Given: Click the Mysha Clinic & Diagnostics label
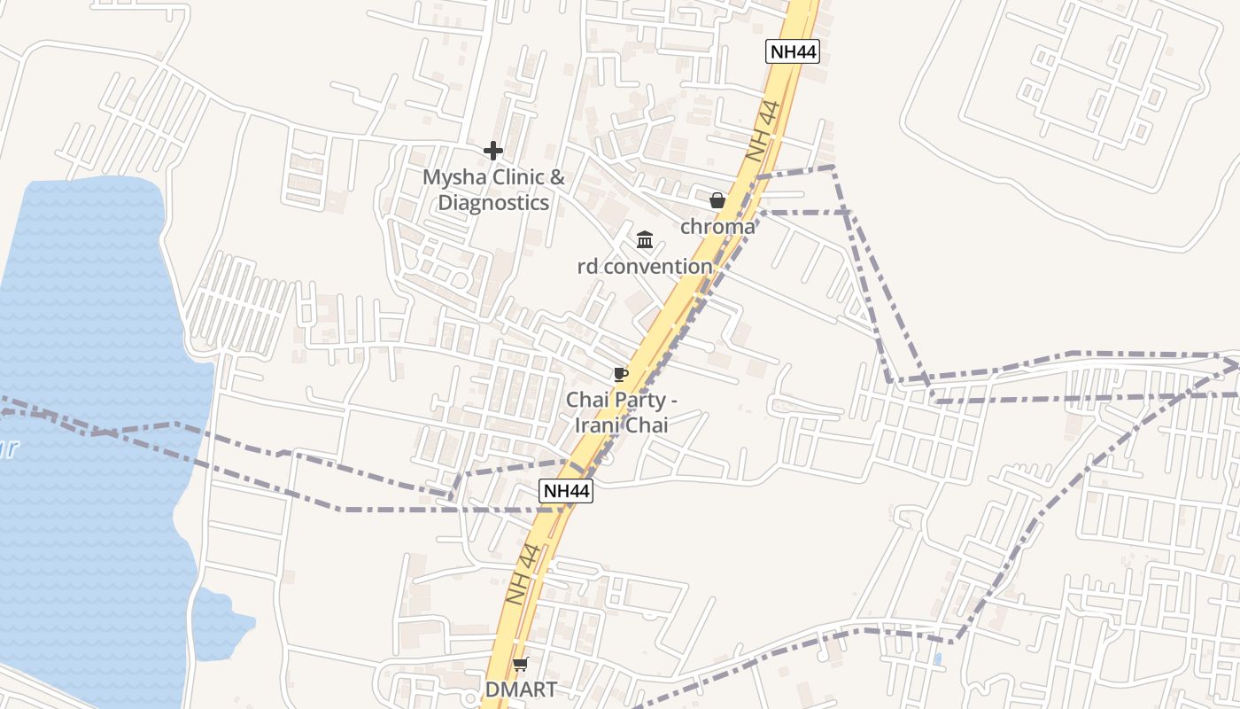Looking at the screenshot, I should coord(493,190).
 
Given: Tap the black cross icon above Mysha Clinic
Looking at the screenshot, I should coord(493,152).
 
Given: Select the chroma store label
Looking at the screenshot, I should coord(717,227).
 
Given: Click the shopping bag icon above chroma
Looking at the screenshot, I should coord(717,201).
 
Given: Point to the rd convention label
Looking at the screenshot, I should coord(645,266).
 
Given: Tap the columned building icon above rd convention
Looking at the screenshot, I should coord(645,240).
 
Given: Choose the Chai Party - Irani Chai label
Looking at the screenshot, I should coord(622,412).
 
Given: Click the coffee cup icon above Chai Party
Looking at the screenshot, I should coord(621,375).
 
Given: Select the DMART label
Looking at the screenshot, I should coord(521,690).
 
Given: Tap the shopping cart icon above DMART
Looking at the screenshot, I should coord(521,664).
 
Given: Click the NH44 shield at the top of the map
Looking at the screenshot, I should coord(792,51).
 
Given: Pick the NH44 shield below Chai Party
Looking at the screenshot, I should coord(566,491).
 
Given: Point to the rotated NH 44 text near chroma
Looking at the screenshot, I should coord(762,131).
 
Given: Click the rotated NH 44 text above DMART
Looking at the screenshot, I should coord(523,574).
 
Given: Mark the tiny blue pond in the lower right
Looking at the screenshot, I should coord(937,659).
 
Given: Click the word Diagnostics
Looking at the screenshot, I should coord(493,203).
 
